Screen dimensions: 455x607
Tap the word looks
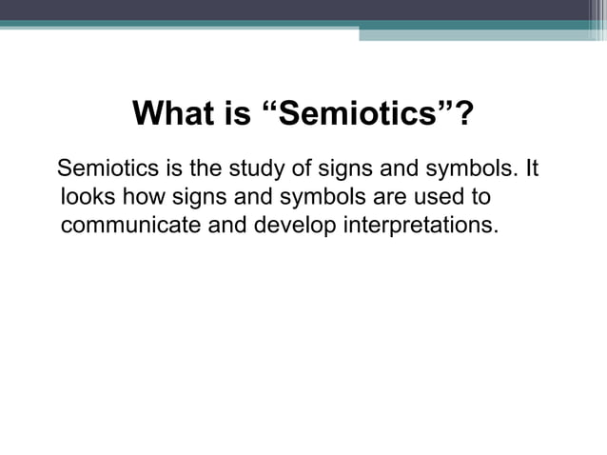pos(87,199)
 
